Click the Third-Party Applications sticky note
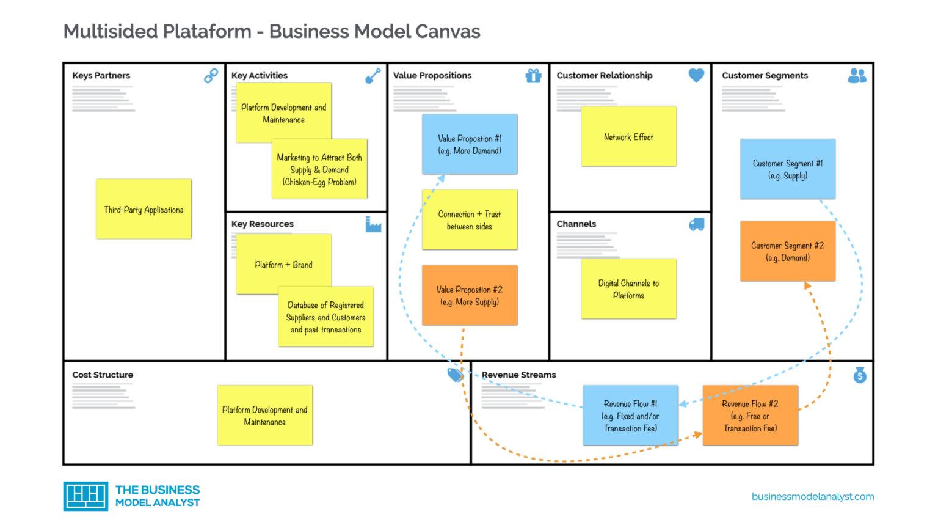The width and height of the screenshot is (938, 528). [144, 209]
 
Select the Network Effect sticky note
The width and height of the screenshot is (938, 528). [628, 136]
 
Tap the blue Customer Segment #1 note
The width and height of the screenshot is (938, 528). [787, 169]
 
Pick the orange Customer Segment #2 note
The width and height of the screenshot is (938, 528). [787, 251]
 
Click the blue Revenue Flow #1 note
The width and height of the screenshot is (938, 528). [630, 416]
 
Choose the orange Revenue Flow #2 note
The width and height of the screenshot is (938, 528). [750, 416]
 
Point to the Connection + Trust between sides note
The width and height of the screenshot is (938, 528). [469, 220]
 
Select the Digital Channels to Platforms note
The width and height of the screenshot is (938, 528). [628, 288]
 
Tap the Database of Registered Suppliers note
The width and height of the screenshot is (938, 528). [325, 317]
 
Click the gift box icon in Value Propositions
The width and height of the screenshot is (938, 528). [533, 76]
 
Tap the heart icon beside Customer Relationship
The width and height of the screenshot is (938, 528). [696, 75]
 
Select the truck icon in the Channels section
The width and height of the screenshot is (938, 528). [696, 224]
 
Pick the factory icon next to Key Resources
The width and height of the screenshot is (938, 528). [373, 224]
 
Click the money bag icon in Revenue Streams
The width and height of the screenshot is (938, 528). [860, 375]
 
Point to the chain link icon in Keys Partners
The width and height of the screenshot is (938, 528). [211, 76]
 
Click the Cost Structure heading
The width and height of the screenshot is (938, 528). [103, 375]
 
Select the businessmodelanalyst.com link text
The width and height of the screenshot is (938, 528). [812, 496]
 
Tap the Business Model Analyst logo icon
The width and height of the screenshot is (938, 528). [85, 496]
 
